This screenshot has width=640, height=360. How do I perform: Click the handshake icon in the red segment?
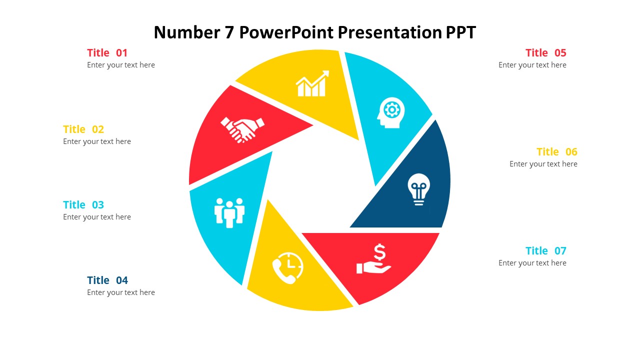point(242,129)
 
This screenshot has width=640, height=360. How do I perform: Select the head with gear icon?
point(390,112)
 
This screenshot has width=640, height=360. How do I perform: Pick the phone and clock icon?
point(287,268)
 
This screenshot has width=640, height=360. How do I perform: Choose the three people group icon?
point(229,212)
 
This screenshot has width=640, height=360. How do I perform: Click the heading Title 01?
point(107,53)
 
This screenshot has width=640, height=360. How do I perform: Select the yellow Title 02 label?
point(83,129)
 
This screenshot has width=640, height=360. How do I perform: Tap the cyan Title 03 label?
point(83,205)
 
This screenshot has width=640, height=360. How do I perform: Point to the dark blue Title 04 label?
point(107,280)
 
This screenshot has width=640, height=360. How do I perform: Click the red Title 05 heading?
point(545,53)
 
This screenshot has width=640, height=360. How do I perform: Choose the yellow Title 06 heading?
point(556,152)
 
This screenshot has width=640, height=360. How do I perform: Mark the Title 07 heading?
point(545,251)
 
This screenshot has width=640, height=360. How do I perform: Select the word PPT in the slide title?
point(460,33)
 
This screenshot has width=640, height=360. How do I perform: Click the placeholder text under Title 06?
point(543,164)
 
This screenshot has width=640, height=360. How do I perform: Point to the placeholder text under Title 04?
point(121,292)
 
